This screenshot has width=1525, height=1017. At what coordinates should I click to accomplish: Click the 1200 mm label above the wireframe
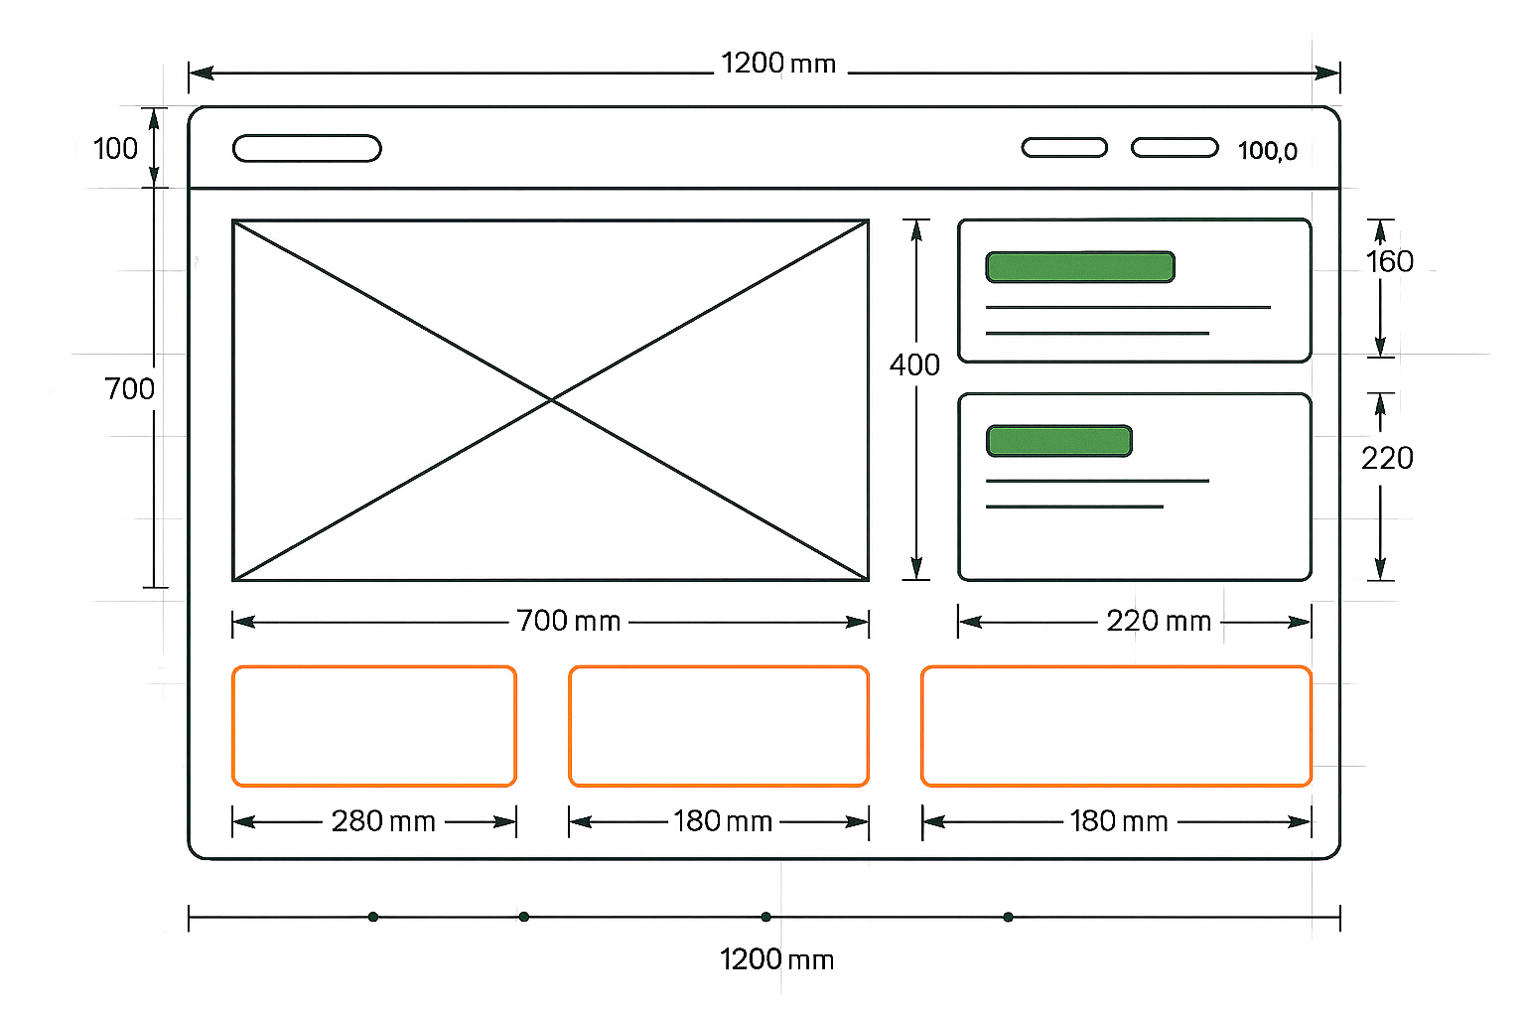pyautogui.click(x=778, y=64)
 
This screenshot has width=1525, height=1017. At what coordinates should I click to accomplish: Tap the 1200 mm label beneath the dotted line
pyautogui.click(x=776, y=959)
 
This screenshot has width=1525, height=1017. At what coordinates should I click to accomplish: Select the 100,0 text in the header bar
pyautogui.click(x=1267, y=151)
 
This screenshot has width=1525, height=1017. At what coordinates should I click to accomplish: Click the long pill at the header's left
pyautogui.click(x=307, y=148)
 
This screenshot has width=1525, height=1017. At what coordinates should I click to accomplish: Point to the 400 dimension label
pyautogui.click(x=914, y=365)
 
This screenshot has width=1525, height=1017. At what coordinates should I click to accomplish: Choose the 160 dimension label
pyautogui.click(x=1389, y=261)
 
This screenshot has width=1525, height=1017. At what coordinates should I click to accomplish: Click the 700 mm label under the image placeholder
pyautogui.click(x=569, y=622)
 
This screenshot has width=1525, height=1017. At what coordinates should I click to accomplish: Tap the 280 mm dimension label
pyautogui.click(x=383, y=821)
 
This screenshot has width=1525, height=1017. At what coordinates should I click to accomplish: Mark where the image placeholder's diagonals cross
pyautogui.click(x=551, y=399)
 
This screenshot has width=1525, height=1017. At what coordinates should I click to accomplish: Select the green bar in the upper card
pyautogui.click(x=1080, y=267)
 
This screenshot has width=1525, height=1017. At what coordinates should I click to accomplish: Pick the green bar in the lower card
pyautogui.click(x=1059, y=441)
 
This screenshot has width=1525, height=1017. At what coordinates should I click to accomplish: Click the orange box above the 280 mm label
pyautogui.click(x=374, y=726)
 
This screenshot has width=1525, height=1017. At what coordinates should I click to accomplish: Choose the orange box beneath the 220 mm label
pyautogui.click(x=1116, y=726)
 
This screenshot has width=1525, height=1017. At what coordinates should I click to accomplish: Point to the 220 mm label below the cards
pyautogui.click(x=1159, y=622)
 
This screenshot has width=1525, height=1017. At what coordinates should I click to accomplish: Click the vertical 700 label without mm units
pyautogui.click(x=129, y=388)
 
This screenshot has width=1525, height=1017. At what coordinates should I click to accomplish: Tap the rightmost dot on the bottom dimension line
pyautogui.click(x=1008, y=917)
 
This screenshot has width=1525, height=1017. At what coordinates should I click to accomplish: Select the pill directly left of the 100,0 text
pyautogui.click(x=1175, y=148)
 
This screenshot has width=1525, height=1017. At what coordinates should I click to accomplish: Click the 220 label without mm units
pyautogui.click(x=1387, y=458)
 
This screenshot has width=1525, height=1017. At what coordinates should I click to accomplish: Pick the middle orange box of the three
pyautogui.click(x=719, y=726)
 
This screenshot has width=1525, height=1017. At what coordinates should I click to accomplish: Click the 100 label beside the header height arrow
pyautogui.click(x=115, y=149)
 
